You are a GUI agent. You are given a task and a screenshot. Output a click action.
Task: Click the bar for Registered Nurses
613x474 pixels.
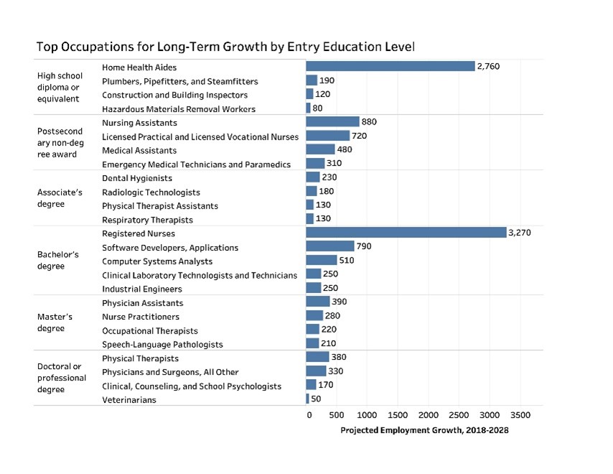[x=406, y=233]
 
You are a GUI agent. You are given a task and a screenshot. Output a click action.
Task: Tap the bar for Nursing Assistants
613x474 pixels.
[x=332, y=121]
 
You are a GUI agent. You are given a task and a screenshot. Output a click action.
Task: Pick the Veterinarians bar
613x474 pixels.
[x=307, y=399]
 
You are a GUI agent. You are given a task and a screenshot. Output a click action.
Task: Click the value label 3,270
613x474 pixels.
[x=519, y=233]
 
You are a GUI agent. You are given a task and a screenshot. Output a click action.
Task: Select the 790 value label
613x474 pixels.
[x=364, y=246]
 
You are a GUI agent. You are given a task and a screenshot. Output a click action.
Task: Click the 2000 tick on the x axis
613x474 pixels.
[x=429, y=415]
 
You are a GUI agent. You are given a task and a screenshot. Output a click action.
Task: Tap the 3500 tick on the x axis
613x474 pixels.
[x=520, y=415]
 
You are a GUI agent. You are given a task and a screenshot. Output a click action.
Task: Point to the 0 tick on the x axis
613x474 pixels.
[x=309, y=415]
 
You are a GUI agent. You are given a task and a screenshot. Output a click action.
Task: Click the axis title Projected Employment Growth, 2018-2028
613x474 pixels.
[x=424, y=430]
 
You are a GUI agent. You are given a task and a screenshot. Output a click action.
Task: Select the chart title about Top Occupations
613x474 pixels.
[x=226, y=47]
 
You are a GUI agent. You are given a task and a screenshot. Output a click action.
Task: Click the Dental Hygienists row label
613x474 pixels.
[x=137, y=178]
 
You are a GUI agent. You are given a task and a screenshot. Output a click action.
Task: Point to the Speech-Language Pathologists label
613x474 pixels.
[x=162, y=344]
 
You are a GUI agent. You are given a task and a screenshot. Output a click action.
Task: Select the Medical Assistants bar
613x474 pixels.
[x=320, y=149]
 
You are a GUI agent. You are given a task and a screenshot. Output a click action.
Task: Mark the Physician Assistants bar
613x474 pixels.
[x=317, y=302]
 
